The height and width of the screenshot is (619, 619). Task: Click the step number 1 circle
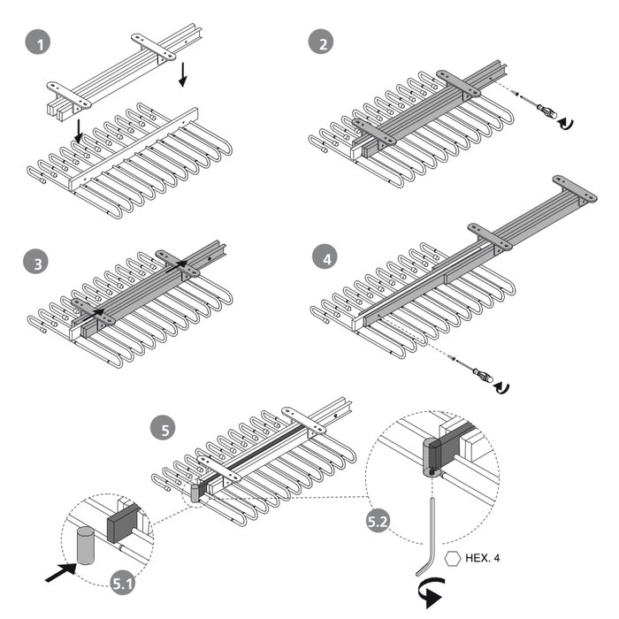click(36, 42)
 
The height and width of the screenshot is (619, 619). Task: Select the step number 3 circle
click(36, 262)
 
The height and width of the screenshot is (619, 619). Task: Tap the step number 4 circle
click(325, 259)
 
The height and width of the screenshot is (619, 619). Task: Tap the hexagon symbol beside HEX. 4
click(453, 558)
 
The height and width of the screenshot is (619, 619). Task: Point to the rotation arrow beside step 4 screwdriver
click(503, 386)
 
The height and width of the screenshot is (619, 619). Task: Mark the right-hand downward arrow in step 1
click(183, 73)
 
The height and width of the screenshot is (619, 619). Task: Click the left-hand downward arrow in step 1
click(80, 132)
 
